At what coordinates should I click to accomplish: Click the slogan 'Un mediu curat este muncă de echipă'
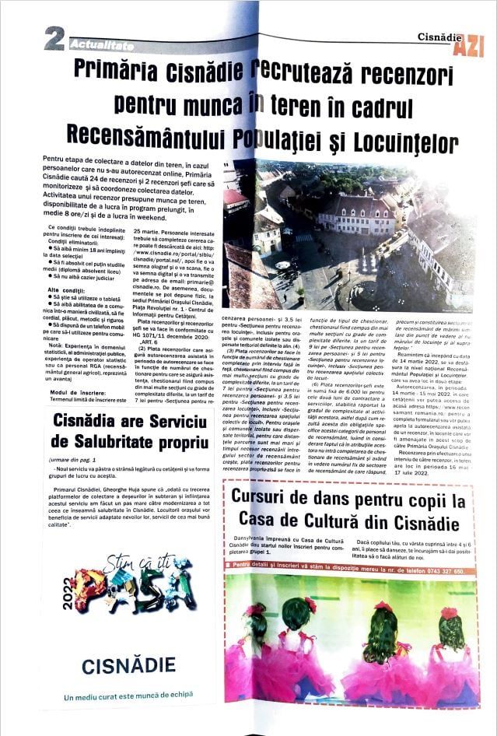point(128,697)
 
